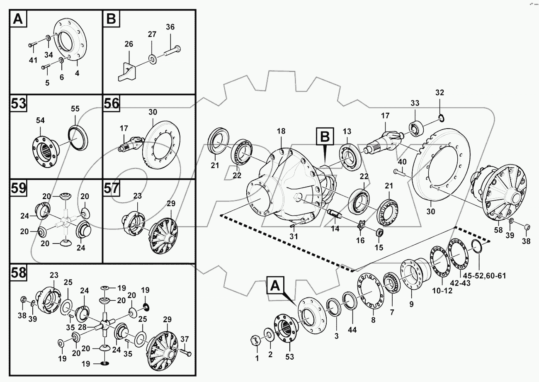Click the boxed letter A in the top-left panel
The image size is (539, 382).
(18, 19)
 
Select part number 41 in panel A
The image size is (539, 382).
(33, 61)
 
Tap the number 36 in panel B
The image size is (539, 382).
(170, 27)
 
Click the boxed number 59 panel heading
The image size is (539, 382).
(18, 188)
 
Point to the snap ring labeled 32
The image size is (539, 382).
(442, 119)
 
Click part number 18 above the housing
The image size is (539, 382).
(281, 131)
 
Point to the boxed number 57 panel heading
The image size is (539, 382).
(111, 188)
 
